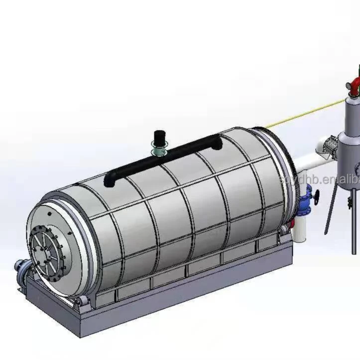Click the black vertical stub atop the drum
pyautogui.click(x=160, y=136)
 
